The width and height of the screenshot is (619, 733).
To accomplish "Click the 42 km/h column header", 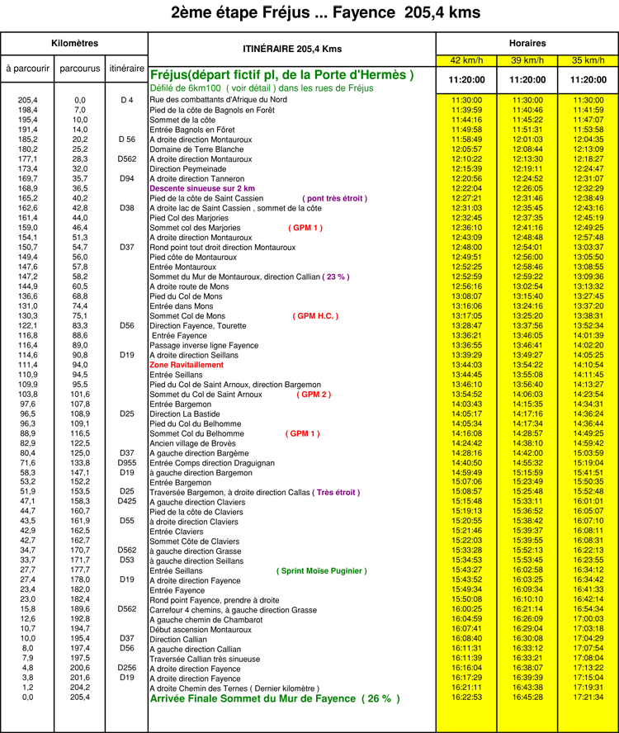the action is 466,60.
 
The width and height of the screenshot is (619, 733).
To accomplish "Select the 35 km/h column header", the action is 588,60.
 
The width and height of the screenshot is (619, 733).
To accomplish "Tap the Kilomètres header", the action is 75,44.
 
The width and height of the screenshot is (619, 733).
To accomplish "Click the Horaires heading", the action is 527,44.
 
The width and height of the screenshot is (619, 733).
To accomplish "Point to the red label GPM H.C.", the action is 315,316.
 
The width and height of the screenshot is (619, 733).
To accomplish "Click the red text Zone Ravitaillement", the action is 187,365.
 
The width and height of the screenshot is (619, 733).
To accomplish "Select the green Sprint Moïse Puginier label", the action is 322,571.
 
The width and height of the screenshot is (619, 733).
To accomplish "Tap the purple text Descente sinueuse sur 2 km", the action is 202,188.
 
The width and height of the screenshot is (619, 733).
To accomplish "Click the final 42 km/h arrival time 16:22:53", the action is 466,697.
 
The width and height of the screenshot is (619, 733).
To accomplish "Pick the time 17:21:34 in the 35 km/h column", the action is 588,697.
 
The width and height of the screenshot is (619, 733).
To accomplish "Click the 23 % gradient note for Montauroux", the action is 336,277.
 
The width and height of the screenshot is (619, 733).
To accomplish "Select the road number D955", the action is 127,463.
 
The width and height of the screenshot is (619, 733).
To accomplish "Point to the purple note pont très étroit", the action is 335,199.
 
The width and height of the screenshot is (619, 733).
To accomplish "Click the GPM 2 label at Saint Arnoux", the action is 314,395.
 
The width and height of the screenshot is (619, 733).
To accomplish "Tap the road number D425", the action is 127,501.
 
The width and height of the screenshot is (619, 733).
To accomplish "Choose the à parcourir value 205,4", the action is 27,100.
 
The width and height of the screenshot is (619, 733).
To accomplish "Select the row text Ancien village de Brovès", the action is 192,443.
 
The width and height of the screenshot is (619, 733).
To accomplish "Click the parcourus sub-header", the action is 79,69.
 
